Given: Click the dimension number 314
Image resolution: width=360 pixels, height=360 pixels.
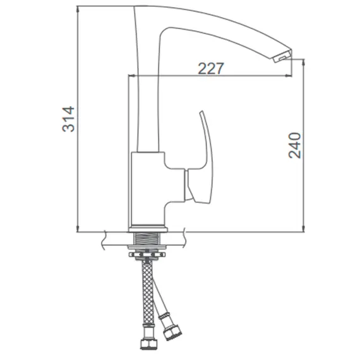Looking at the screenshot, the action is [68, 119].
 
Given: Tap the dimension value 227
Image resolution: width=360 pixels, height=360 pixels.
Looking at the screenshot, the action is [210, 68].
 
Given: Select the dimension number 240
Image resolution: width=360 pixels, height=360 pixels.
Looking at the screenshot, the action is [294, 145].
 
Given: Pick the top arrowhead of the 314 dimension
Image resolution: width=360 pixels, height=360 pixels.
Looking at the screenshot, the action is [78, 9].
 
